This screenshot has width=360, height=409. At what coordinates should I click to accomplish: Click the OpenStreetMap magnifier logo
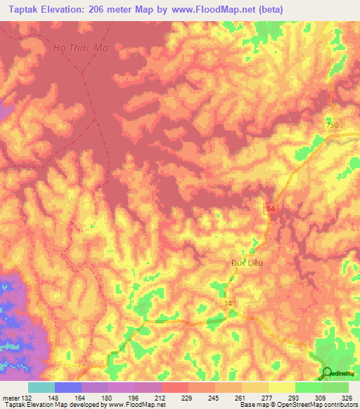pyautogui.click(x=328, y=373)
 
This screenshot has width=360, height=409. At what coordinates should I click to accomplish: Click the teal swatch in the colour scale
pyautogui.click(x=41, y=387)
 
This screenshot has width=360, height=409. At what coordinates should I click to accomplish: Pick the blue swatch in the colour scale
pyautogui.click(x=68, y=387)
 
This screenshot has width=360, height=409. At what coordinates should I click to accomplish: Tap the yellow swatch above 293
pyautogui.click(x=282, y=387)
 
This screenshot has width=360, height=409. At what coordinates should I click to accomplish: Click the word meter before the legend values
pyautogui.click(x=11, y=397)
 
